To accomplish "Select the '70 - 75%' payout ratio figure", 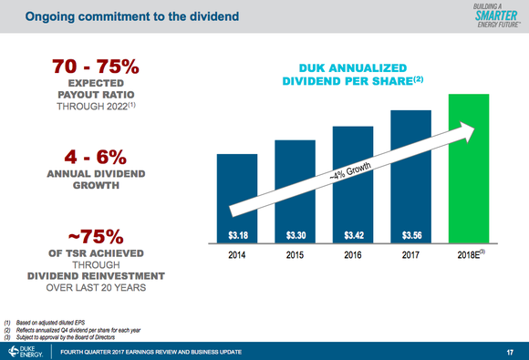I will click(x=96, y=67).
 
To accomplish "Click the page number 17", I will click(x=509, y=351).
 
